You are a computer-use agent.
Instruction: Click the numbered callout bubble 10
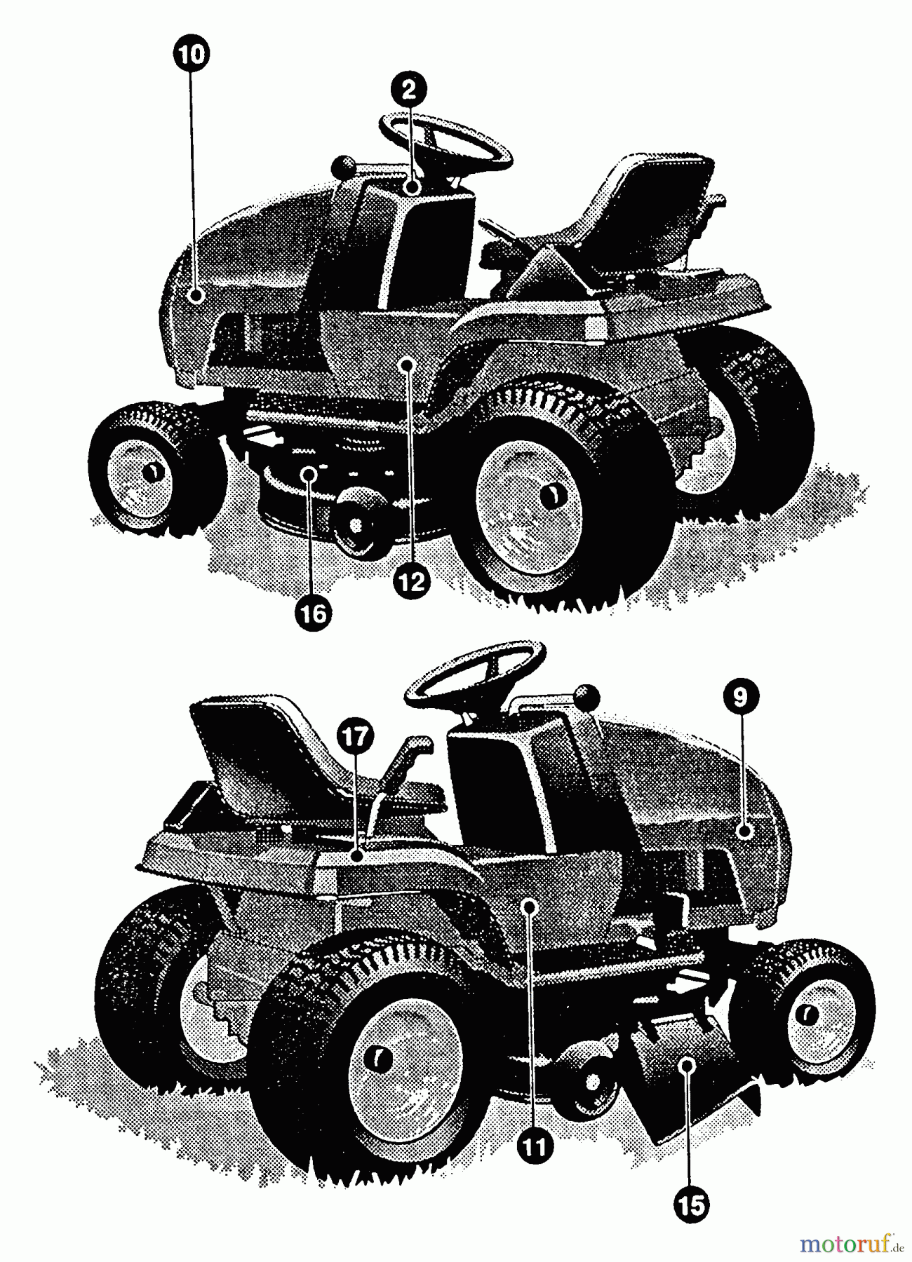[x=191, y=53]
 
